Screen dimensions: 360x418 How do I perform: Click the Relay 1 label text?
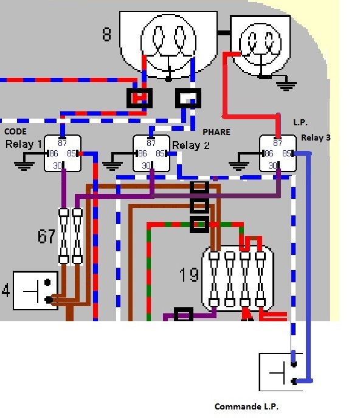[24, 144]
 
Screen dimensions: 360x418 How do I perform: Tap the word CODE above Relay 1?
[15, 131]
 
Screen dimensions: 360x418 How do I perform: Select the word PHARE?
[216, 132]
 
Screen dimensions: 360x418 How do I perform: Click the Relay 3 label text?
[316, 138]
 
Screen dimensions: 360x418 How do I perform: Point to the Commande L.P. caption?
[246, 406]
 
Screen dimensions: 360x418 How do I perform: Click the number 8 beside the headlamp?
[106, 35]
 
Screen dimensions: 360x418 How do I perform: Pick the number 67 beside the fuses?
[46, 236]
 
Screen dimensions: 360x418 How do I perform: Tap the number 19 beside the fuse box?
[189, 274]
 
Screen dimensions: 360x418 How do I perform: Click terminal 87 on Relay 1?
[63, 143]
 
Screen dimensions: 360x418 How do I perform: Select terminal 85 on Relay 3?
[286, 153]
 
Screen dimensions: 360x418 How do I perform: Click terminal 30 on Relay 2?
[146, 165]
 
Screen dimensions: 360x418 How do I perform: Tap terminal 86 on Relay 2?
[142, 153]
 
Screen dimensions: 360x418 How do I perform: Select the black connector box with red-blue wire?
[140, 98]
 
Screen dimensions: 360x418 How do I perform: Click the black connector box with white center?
[188, 98]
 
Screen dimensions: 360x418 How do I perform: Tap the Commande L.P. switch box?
[281, 372]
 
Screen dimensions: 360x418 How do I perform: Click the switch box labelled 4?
[35, 291]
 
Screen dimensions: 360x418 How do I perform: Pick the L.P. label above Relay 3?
[300, 122]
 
